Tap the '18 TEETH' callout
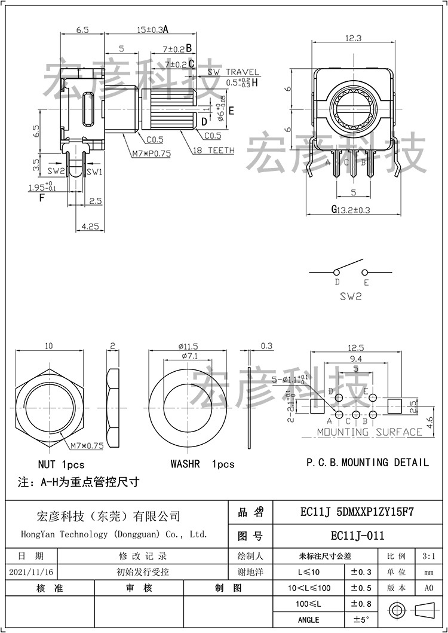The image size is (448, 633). tap(213, 151)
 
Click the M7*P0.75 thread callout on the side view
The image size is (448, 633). tap(151, 153)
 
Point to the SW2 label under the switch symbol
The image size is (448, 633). tap(351, 296)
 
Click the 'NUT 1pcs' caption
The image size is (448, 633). tap(61, 464)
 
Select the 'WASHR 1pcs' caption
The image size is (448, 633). tap(202, 464)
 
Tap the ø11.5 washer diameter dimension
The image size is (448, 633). tap(188, 346)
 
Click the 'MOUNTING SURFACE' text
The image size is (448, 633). tap(369, 432)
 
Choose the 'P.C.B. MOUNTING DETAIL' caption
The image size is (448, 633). tap(367, 462)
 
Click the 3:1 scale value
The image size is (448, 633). tap(428, 556)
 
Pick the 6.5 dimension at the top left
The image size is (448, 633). tap(83, 29)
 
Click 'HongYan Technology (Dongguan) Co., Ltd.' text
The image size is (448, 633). tap(114, 534)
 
